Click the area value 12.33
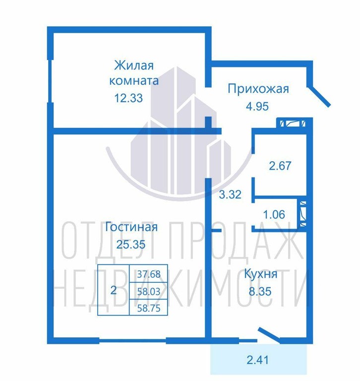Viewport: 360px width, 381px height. (x=128, y=98)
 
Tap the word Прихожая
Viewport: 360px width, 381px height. (x=258, y=89)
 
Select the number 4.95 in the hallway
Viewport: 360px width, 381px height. (x=257, y=106)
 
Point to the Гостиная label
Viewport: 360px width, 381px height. (x=131, y=227)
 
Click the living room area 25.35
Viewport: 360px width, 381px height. (x=131, y=244)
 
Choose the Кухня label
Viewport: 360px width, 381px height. (x=260, y=274)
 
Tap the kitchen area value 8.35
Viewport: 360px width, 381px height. (x=260, y=291)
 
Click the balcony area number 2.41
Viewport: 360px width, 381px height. (x=258, y=360)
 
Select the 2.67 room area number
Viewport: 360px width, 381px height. (x=280, y=166)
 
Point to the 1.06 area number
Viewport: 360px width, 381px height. (x=274, y=214)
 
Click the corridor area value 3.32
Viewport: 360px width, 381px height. (x=230, y=194)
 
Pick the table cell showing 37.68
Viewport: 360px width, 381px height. (x=149, y=274)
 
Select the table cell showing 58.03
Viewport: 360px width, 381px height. (x=149, y=291)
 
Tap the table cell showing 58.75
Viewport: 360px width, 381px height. (x=149, y=308)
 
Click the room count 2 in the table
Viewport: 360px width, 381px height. (x=113, y=290)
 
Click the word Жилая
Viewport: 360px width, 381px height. (x=134, y=65)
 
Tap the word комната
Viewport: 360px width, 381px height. (x=134, y=81)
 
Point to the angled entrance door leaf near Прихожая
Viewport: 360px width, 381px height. (x=319, y=96)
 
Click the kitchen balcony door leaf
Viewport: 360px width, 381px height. (x=270, y=335)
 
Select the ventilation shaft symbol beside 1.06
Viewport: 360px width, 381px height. (x=303, y=214)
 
